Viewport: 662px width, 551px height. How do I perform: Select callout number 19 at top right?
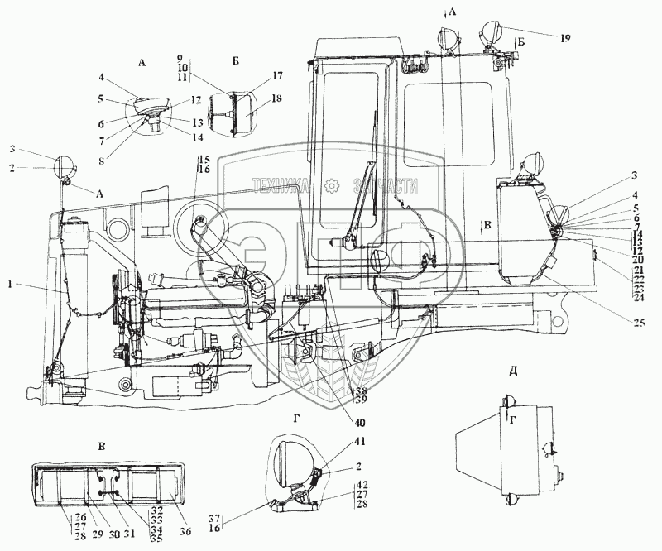[564, 38]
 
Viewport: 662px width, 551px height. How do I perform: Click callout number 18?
[253, 98]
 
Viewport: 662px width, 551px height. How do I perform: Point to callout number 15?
[204, 158]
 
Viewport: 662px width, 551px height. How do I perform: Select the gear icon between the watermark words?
[333, 185]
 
